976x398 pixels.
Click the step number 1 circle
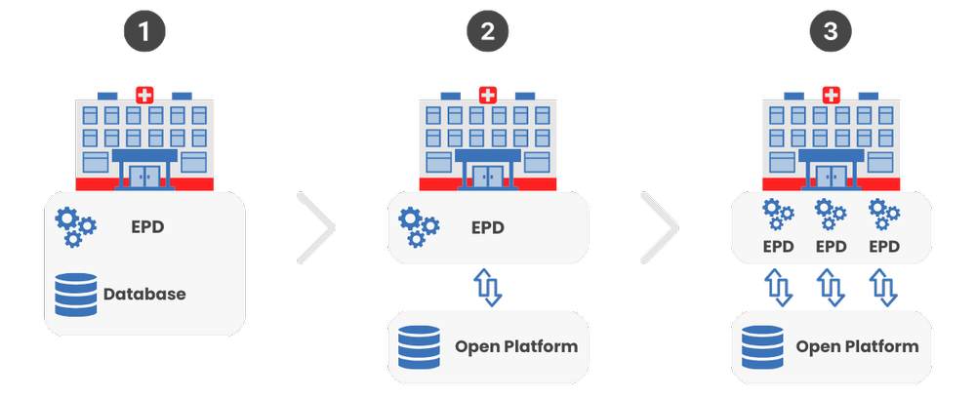[144, 33]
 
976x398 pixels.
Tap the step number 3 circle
[831, 33]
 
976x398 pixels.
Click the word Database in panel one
[143, 293]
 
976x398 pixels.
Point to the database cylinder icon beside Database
[76, 293]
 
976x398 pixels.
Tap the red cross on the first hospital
[144, 96]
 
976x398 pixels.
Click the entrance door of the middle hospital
[488, 176]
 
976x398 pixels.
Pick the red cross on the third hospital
[831, 96]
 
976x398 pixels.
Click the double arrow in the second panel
[488, 288]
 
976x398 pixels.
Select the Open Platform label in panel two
[516, 346]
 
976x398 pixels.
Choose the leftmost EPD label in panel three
[778, 246]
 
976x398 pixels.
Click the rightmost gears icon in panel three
[883, 215]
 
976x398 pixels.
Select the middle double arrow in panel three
[831, 288]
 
